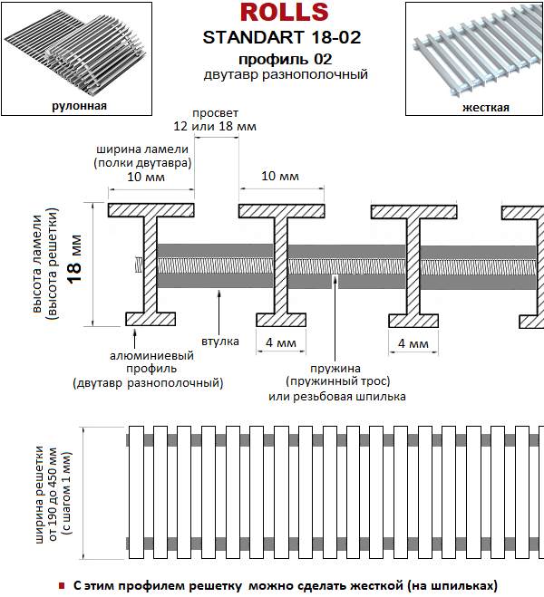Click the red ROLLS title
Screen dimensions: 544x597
tap(284, 12)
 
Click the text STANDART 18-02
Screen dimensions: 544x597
tap(282, 37)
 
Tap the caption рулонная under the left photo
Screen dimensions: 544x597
tap(79, 105)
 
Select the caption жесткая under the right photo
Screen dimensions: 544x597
tap(486, 108)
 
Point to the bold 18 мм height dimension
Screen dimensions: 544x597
tap(75, 259)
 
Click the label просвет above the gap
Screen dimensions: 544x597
tap(215, 113)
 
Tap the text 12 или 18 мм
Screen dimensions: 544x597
tap(215, 126)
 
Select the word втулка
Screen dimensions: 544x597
tap(220, 342)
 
